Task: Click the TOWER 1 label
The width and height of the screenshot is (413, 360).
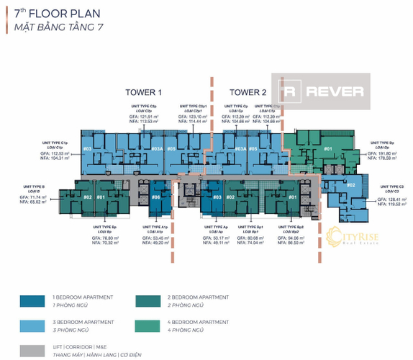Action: pyautogui.click(x=143, y=92)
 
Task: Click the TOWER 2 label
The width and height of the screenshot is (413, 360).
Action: pyautogui.click(x=248, y=92)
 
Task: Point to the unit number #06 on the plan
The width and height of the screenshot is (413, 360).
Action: pyautogui.click(x=156, y=197)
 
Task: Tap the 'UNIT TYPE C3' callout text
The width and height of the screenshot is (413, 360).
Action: pyautogui.click(x=389, y=186)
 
